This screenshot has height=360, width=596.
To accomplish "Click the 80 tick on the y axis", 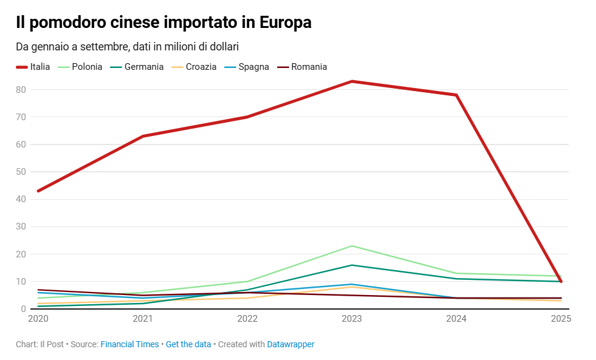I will click(x=21, y=89).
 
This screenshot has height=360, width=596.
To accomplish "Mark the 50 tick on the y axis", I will click(x=21, y=172).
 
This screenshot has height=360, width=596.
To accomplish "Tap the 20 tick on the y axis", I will click(x=21, y=254).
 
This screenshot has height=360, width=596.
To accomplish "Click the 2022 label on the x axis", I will click(x=247, y=319).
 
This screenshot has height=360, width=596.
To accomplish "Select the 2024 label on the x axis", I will click(x=456, y=319).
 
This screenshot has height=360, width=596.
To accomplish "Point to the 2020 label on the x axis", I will click(x=38, y=319).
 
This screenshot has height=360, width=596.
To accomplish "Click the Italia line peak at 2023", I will click(x=352, y=81).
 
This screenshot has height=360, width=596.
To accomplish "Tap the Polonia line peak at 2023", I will click(x=352, y=246).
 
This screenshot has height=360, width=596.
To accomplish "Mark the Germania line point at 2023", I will click(x=352, y=265).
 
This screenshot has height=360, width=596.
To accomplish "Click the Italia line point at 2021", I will click(x=143, y=136).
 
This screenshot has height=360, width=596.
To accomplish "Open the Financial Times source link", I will click(x=129, y=344).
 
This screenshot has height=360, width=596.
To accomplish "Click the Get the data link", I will click(x=188, y=344).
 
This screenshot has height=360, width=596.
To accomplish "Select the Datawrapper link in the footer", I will click(x=290, y=344).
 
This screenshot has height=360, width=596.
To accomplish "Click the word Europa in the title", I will click(x=286, y=22).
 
